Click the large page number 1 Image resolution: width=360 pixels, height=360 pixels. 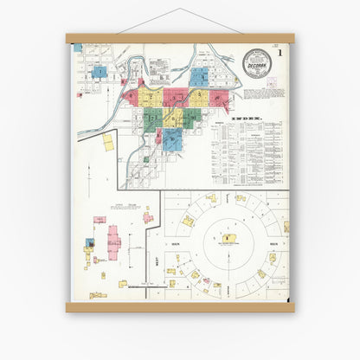280,54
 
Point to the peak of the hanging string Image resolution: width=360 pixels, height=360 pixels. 180,10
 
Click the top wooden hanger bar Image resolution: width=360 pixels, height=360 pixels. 180,38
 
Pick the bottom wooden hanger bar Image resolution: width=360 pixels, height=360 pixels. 180,307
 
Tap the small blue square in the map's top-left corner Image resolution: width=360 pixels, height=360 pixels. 77,48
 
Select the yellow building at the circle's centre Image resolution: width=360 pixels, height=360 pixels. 227,238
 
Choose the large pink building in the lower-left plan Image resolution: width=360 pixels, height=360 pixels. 113,240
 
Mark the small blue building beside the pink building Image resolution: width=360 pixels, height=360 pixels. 90,243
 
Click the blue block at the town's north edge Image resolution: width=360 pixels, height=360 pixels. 199,75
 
